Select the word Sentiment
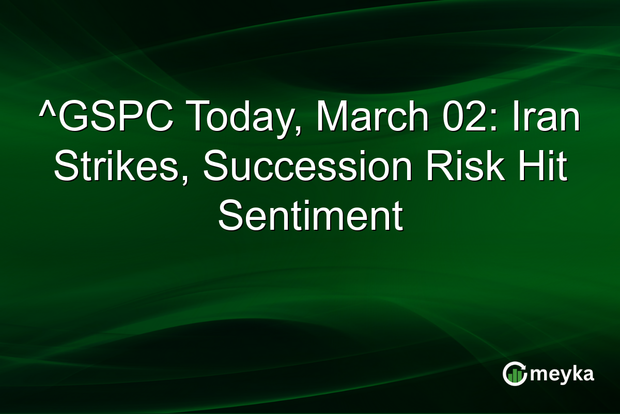coord(310,216)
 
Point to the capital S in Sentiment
coord(230,216)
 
